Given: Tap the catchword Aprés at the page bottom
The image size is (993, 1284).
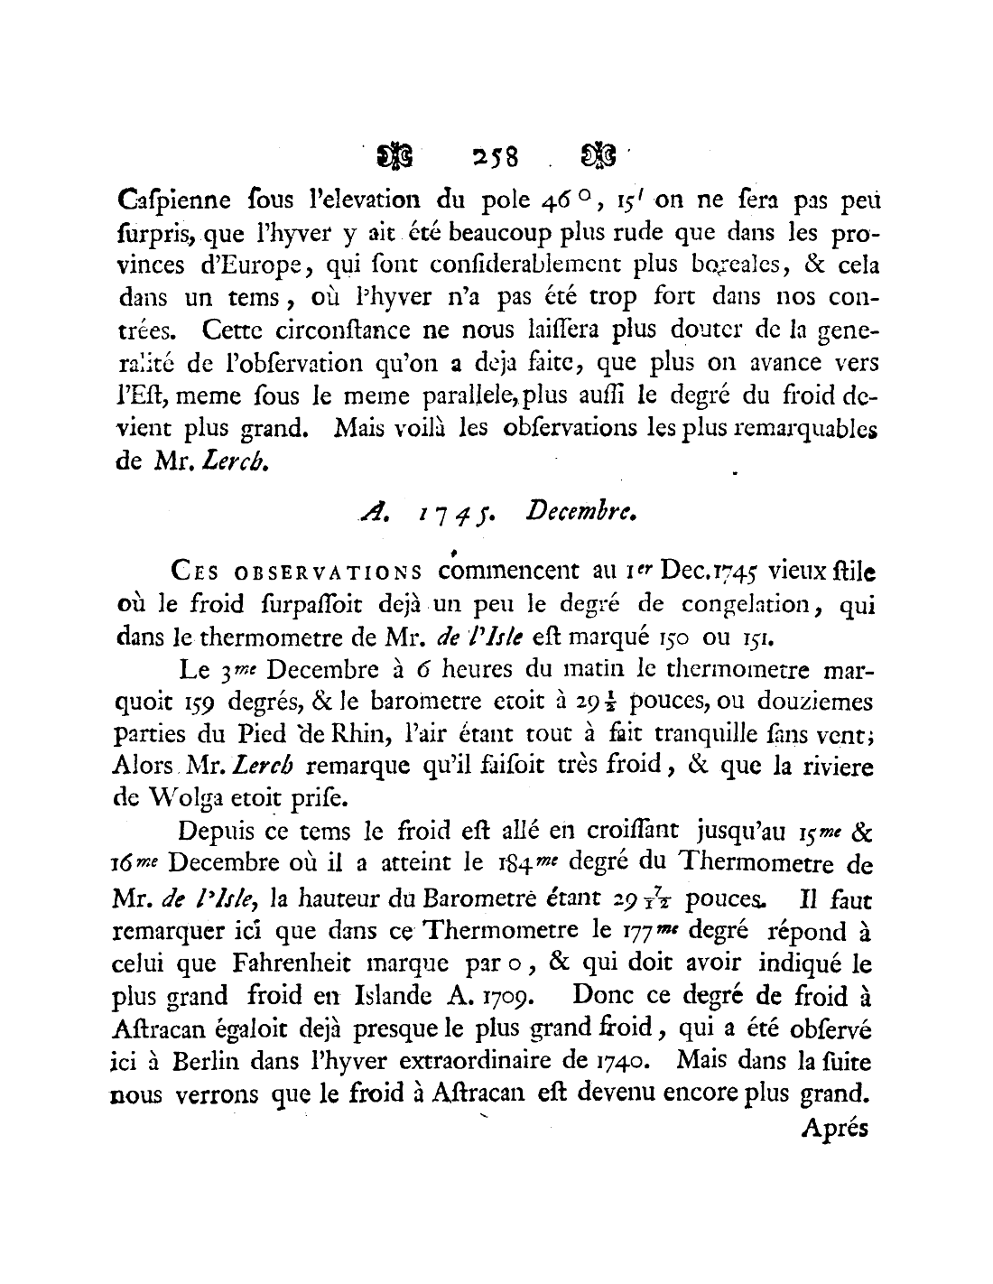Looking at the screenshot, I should point(834,1128).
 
